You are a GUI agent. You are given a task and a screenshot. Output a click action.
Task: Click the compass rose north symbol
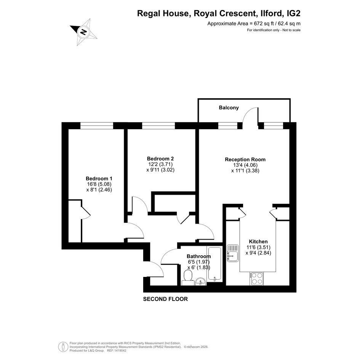[83, 32]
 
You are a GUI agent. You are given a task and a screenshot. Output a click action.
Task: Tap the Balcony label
[229, 108]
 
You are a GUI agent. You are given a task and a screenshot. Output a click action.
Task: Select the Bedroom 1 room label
[99, 178]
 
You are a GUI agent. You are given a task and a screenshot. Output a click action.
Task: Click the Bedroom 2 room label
[160, 158]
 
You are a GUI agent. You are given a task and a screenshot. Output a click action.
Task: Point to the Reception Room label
[245, 159]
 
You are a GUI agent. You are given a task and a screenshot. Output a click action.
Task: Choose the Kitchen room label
[258, 242]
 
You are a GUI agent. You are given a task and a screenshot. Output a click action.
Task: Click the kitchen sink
[233, 253]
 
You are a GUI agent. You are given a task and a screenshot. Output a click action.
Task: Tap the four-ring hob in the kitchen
[257, 278]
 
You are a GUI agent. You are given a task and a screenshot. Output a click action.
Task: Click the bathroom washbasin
[201, 282]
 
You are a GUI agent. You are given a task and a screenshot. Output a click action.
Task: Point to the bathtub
[214, 264]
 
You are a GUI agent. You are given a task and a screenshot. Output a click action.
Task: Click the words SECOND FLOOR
[165, 299]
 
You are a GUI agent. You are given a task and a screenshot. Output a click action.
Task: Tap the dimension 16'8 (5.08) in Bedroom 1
[99, 184]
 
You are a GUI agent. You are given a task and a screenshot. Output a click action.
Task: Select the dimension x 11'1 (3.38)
[245, 171]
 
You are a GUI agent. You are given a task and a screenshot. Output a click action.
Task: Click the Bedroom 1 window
[97, 126]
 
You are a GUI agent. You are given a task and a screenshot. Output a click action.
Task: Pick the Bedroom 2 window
[158, 126]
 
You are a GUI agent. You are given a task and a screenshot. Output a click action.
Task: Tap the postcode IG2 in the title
[294, 14]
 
